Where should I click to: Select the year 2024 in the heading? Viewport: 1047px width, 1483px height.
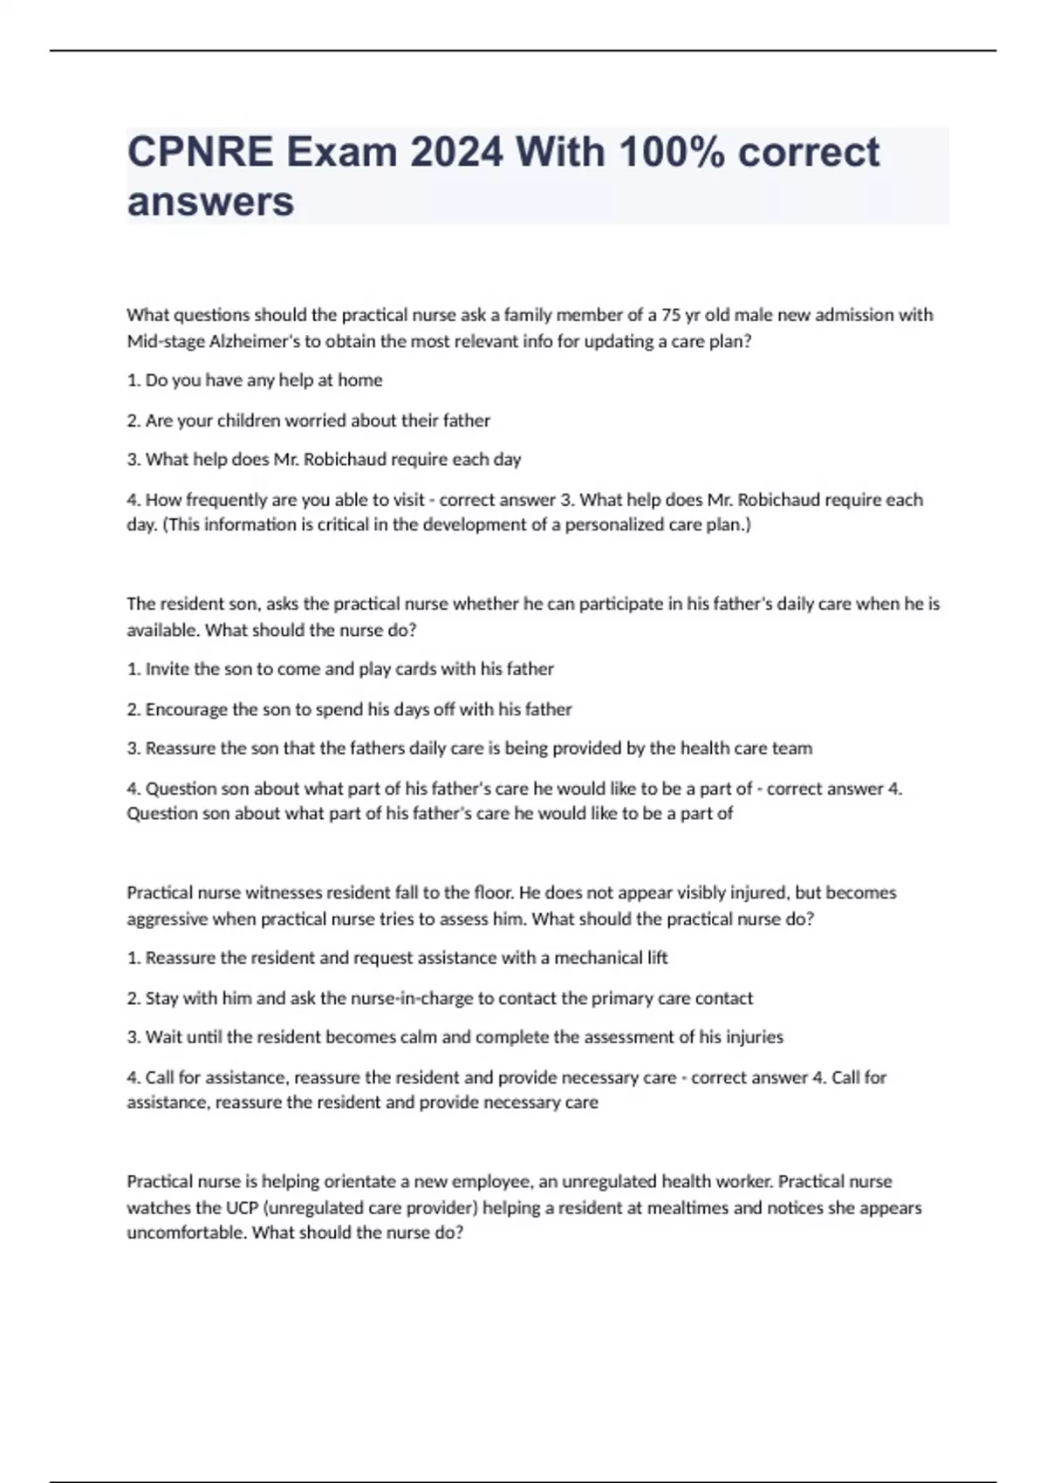point(456,153)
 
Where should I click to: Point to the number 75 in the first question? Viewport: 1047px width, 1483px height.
point(671,315)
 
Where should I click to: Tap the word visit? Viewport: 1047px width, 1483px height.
point(403,500)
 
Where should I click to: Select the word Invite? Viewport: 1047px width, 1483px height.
point(166,669)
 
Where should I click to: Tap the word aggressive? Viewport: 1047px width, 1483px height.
point(167,919)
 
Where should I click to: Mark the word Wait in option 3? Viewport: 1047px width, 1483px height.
point(163,1037)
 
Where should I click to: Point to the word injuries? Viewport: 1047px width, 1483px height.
point(753,1037)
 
